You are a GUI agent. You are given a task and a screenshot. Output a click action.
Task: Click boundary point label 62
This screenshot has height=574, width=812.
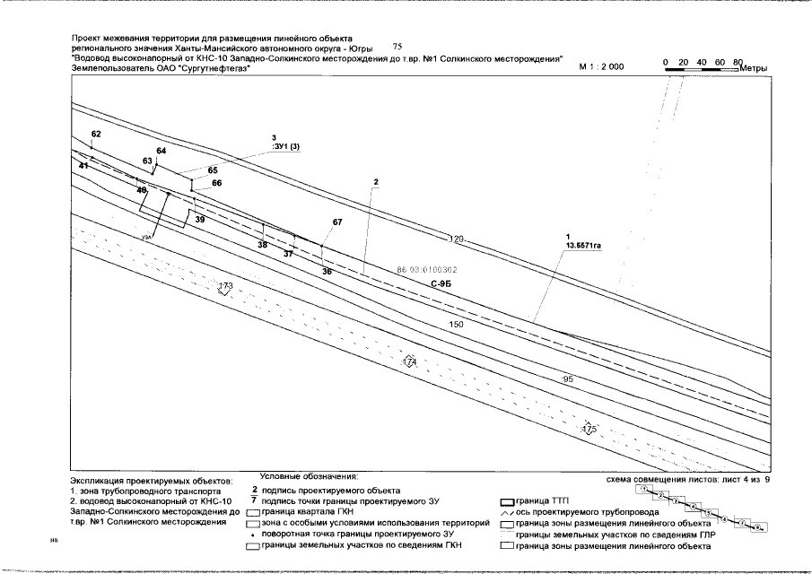coord(97,134)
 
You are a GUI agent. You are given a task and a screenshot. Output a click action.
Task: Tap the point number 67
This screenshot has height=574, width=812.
coord(337,222)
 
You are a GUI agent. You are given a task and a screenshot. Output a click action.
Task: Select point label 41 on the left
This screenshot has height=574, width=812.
coord(83,167)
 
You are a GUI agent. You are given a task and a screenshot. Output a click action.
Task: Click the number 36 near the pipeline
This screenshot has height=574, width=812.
coord(327,270)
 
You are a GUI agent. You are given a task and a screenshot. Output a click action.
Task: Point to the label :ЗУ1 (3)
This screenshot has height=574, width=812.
coord(286,147)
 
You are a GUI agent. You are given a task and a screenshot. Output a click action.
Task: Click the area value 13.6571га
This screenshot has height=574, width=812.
coord(582,244)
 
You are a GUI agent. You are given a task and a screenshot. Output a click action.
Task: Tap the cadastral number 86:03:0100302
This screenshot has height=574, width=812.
coord(427,269)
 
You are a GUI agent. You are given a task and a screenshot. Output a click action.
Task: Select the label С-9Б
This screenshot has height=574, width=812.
coord(440,283)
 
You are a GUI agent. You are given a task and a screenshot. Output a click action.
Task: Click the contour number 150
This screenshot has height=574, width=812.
coord(456,324)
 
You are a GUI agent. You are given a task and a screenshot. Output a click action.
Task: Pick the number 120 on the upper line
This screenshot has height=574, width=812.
coord(456,239)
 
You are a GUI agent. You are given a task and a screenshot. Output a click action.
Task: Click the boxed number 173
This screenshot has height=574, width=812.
coord(225,287)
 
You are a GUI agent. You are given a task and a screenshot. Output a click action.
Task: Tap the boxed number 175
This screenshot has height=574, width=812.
coord(589,430)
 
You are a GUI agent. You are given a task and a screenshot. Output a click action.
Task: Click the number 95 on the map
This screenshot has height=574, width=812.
coord(567,380)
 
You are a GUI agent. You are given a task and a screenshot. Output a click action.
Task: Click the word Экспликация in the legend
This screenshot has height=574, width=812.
coord(99,482)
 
